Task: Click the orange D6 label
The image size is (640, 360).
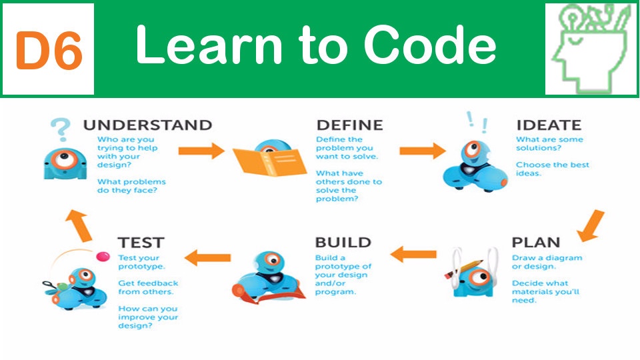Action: [x=49, y=50]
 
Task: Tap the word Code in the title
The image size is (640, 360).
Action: [x=430, y=45]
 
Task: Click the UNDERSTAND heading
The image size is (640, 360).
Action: [x=147, y=125]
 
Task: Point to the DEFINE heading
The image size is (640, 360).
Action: [x=350, y=125]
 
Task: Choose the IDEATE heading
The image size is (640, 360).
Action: [x=549, y=125]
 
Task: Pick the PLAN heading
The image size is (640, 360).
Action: [x=535, y=243]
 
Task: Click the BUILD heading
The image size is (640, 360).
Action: [x=343, y=243]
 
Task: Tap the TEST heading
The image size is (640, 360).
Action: [x=141, y=243]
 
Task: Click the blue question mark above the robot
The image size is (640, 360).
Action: [x=61, y=129]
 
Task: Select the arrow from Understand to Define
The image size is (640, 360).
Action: [x=201, y=151]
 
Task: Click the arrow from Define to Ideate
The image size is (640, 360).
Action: [x=423, y=151]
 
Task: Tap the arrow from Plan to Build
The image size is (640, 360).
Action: [x=413, y=254]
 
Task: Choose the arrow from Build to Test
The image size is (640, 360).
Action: [x=207, y=257]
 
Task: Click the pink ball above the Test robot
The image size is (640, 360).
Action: [x=103, y=256]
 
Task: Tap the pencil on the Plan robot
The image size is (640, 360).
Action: [x=465, y=269]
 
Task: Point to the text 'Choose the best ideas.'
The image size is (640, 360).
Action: [x=552, y=169]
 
